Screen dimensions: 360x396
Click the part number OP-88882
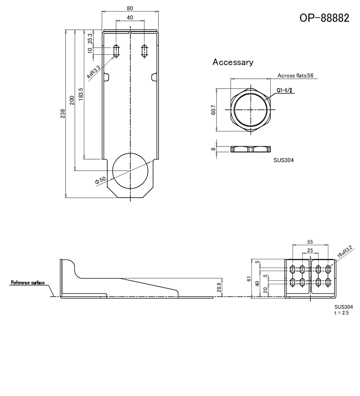pyautogui.click(x=324, y=18)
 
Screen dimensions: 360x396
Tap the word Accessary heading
pyautogui.click(x=233, y=62)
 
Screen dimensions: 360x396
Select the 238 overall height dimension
pyautogui.click(x=63, y=114)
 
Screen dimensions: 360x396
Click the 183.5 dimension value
pyautogui.click(x=81, y=94)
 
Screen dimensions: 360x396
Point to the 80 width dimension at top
pyautogui.click(x=130, y=8)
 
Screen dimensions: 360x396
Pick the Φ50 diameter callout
pyautogui.click(x=100, y=180)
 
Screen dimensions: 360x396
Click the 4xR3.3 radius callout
pyautogui.click(x=94, y=72)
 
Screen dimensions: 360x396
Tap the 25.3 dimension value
pyautogui.click(x=90, y=39)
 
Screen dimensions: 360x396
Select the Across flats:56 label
pyautogui.click(x=295, y=76)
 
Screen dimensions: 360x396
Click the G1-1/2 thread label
pyautogui.click(x=284, y=90)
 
